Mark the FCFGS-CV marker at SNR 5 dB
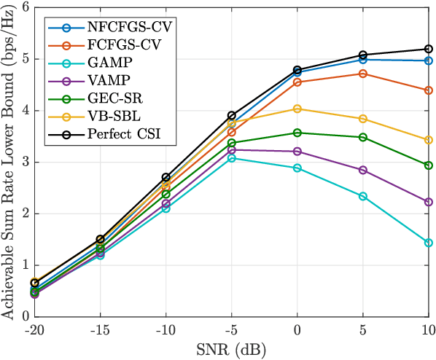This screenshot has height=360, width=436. click(363, 74)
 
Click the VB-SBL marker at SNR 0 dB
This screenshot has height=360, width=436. click(297, 109)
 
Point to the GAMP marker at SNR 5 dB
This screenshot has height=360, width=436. click(363, 196)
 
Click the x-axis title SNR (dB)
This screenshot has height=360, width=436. click(231, 351)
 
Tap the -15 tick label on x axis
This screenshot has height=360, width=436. click(100, 330)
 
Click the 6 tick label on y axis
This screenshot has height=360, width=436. click(26, 8)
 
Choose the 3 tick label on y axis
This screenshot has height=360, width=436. click(26, 163)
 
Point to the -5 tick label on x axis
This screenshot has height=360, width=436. click(231, 330)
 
